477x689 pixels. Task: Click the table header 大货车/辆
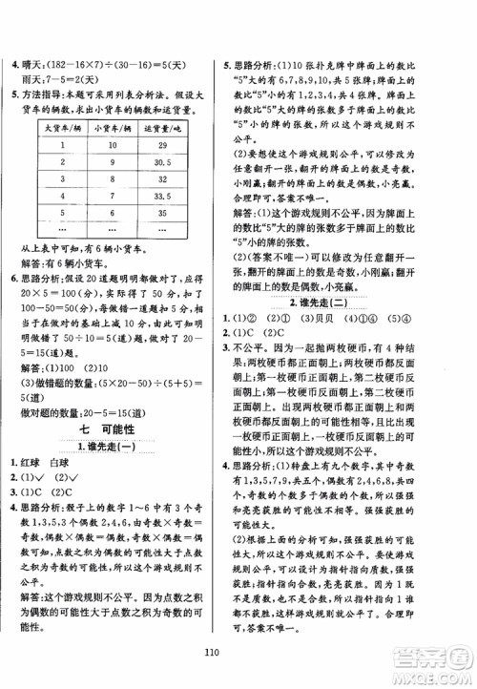pos(60,129)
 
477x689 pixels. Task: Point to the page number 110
pos(238,654)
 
